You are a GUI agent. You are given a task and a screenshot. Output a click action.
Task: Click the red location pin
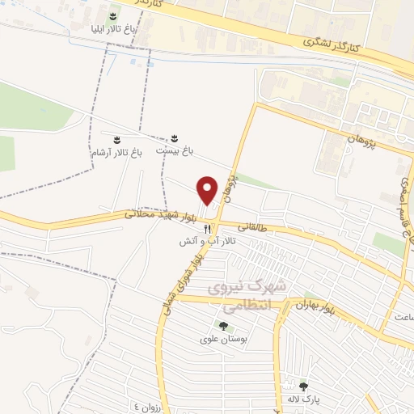[207, 190]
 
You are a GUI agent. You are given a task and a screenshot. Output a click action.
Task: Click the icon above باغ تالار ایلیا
[112, 15]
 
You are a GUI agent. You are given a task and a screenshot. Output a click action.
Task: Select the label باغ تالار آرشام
[117, 151]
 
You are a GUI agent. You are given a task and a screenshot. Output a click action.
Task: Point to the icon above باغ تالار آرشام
[117, 139]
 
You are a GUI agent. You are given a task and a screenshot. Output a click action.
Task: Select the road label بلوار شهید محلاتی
[162, 216]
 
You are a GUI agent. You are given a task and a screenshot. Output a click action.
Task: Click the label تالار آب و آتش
[208, 242]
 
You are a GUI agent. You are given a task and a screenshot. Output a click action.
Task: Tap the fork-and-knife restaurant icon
[208, 229]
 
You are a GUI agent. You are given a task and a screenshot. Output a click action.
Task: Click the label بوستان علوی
[222, 340]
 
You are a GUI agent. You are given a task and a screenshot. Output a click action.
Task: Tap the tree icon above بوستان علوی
[222, 327]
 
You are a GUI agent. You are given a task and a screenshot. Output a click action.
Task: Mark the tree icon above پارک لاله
[304, 386]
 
